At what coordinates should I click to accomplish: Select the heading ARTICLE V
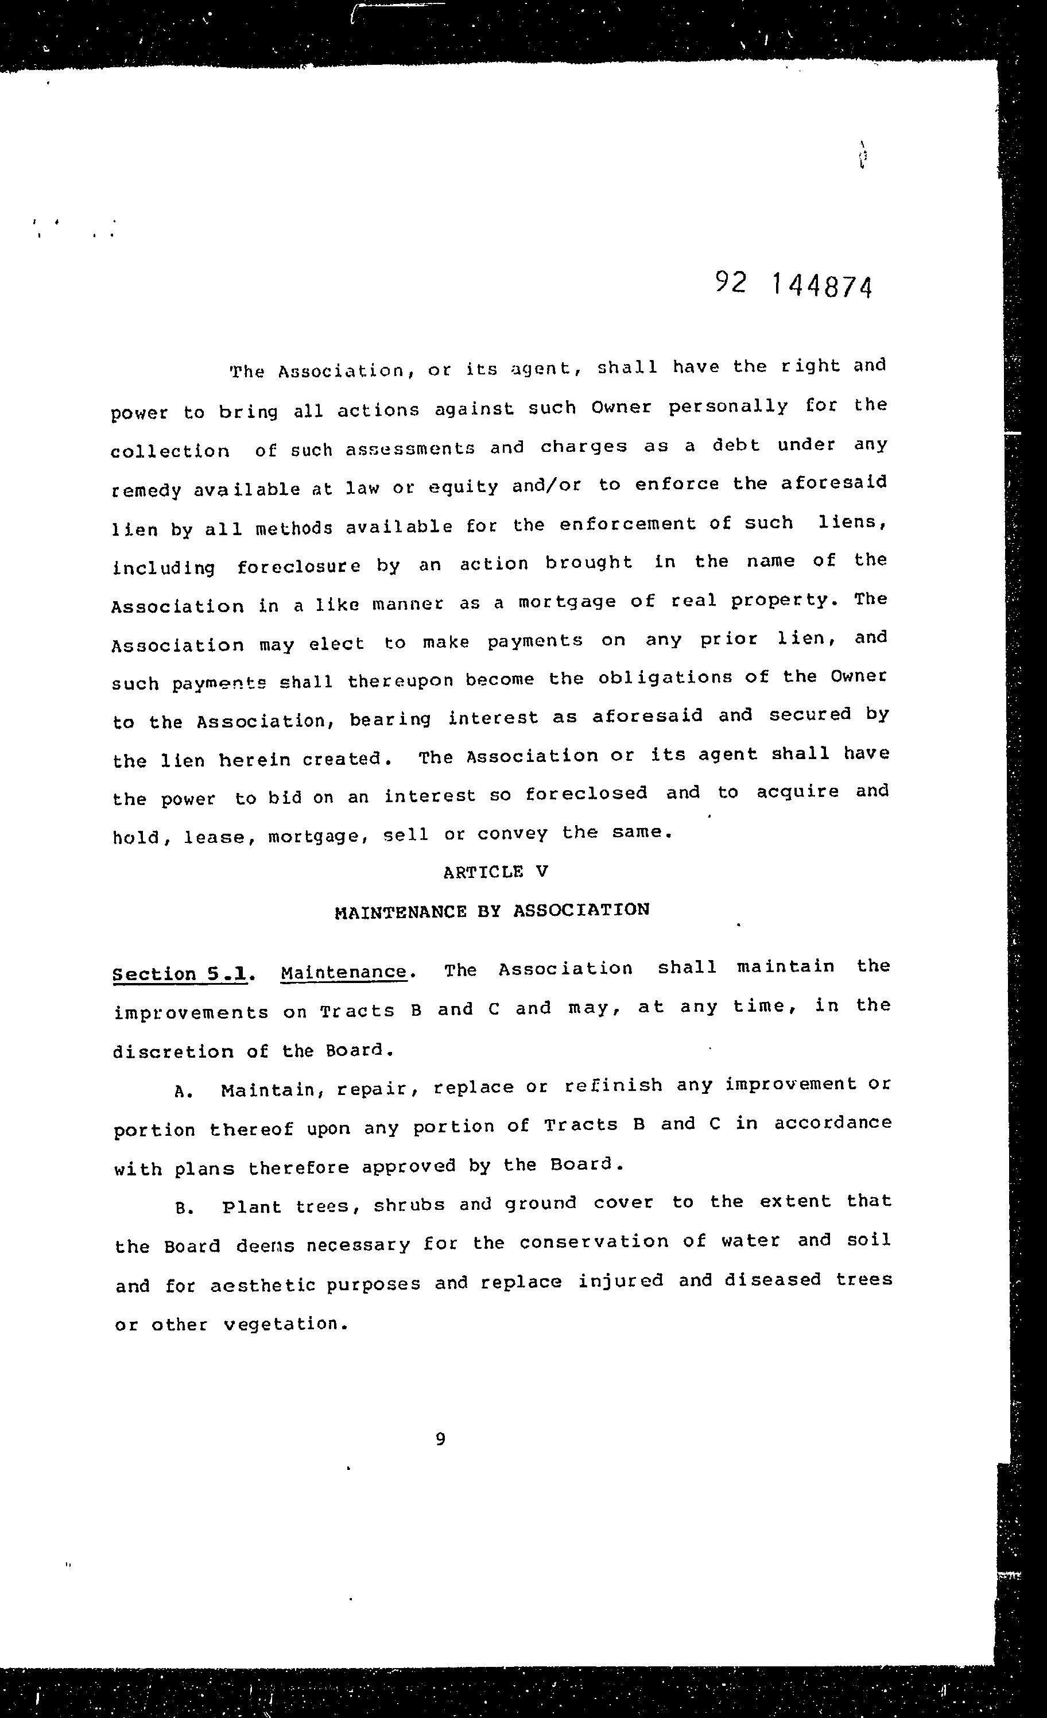click(x=495, y=872)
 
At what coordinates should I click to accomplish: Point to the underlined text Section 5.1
click(x=180, y=973)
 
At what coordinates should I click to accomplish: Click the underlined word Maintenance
click(x=344, y=972)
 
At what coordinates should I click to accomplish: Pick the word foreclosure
click(x=298, y=566)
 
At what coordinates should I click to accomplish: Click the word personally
click(x=728, y=407)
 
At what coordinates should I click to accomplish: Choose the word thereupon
click(x=400, y=680)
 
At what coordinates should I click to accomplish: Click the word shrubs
click(x=409, y=1205)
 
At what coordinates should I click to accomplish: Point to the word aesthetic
click(x=263, y=1284)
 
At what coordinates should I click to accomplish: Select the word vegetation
click(x=286, y=1324)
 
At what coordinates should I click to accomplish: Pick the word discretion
click(x=173, y=1051)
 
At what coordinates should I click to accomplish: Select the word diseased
click(x=773, y=1280)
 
